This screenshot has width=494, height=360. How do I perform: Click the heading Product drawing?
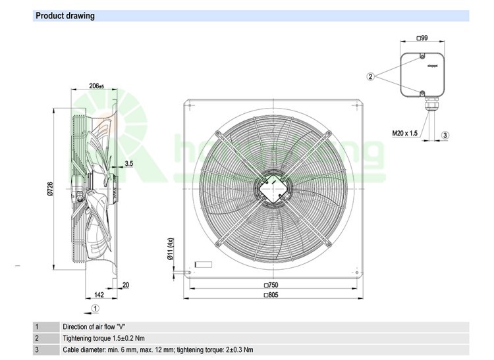(x=65, y=16)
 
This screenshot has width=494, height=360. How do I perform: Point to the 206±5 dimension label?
(x=97, y=86)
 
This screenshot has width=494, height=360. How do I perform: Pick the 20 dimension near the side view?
(x=126, y=285)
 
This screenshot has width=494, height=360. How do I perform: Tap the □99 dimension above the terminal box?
(x=423, y=39)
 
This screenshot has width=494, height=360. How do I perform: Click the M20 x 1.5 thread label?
(x=405, y=134)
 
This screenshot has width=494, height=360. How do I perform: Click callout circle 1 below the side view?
(x=96, y=307)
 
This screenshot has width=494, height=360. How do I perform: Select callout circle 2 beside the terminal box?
(x=371, y=77)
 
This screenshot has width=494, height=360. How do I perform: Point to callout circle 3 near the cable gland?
(x=445, y=135)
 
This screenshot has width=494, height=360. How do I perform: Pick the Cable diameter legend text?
(x=157, y=350)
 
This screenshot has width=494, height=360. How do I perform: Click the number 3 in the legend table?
(x=38, y=350)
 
